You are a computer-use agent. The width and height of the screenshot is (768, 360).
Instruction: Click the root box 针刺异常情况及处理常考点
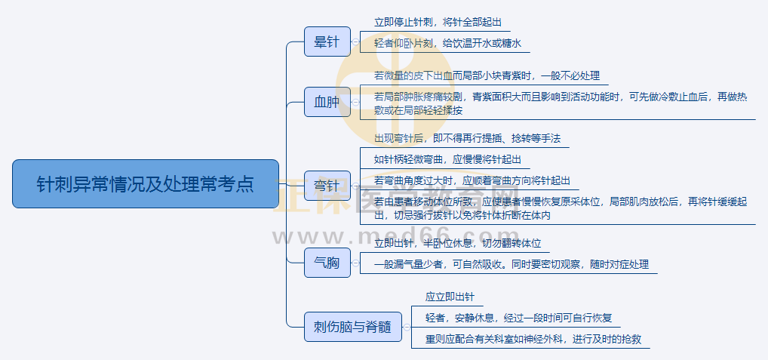tap(146, 183)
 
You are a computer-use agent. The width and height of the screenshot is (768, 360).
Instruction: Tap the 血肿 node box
tap(327, 102)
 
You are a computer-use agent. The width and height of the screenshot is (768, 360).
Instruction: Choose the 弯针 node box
tap(327, 183)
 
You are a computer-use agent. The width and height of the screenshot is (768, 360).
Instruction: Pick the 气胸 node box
tap(327, 263)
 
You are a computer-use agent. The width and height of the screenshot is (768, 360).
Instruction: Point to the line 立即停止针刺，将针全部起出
tap(438, 23)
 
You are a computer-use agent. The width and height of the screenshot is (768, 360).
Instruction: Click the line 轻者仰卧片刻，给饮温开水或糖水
tap(447, 44)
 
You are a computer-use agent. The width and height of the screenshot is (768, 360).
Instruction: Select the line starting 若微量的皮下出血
tap(487, 75)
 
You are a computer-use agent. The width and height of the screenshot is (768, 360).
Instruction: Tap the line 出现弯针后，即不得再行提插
tap(468, 139)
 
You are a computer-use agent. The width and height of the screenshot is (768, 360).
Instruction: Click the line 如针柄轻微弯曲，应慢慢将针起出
tap(447, 160)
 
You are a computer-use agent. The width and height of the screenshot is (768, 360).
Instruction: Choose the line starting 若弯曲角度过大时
tap(472, 181)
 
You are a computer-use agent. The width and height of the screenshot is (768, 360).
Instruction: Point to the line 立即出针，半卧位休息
tap(457, 244)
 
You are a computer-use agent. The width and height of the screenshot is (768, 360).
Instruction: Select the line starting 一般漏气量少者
tap(511, 265)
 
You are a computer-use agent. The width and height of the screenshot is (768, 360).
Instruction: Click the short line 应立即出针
tap(450, 297)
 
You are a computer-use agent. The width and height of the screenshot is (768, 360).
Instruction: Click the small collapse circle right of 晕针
tap(355, 42)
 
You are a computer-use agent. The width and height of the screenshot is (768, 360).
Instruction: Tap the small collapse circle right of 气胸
tap(355, 263)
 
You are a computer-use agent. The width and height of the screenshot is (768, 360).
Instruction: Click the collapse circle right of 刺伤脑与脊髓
tap(407, 327)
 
